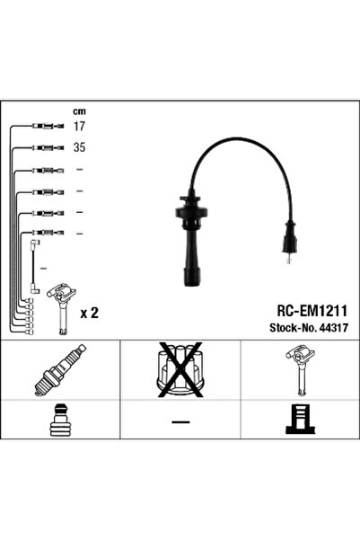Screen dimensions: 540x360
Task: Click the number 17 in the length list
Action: click(78, 127)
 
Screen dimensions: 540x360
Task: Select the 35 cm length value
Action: click(78, 147)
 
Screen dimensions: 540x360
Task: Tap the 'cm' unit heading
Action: click(78, 112)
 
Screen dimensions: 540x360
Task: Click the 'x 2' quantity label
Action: click(89, 313)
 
